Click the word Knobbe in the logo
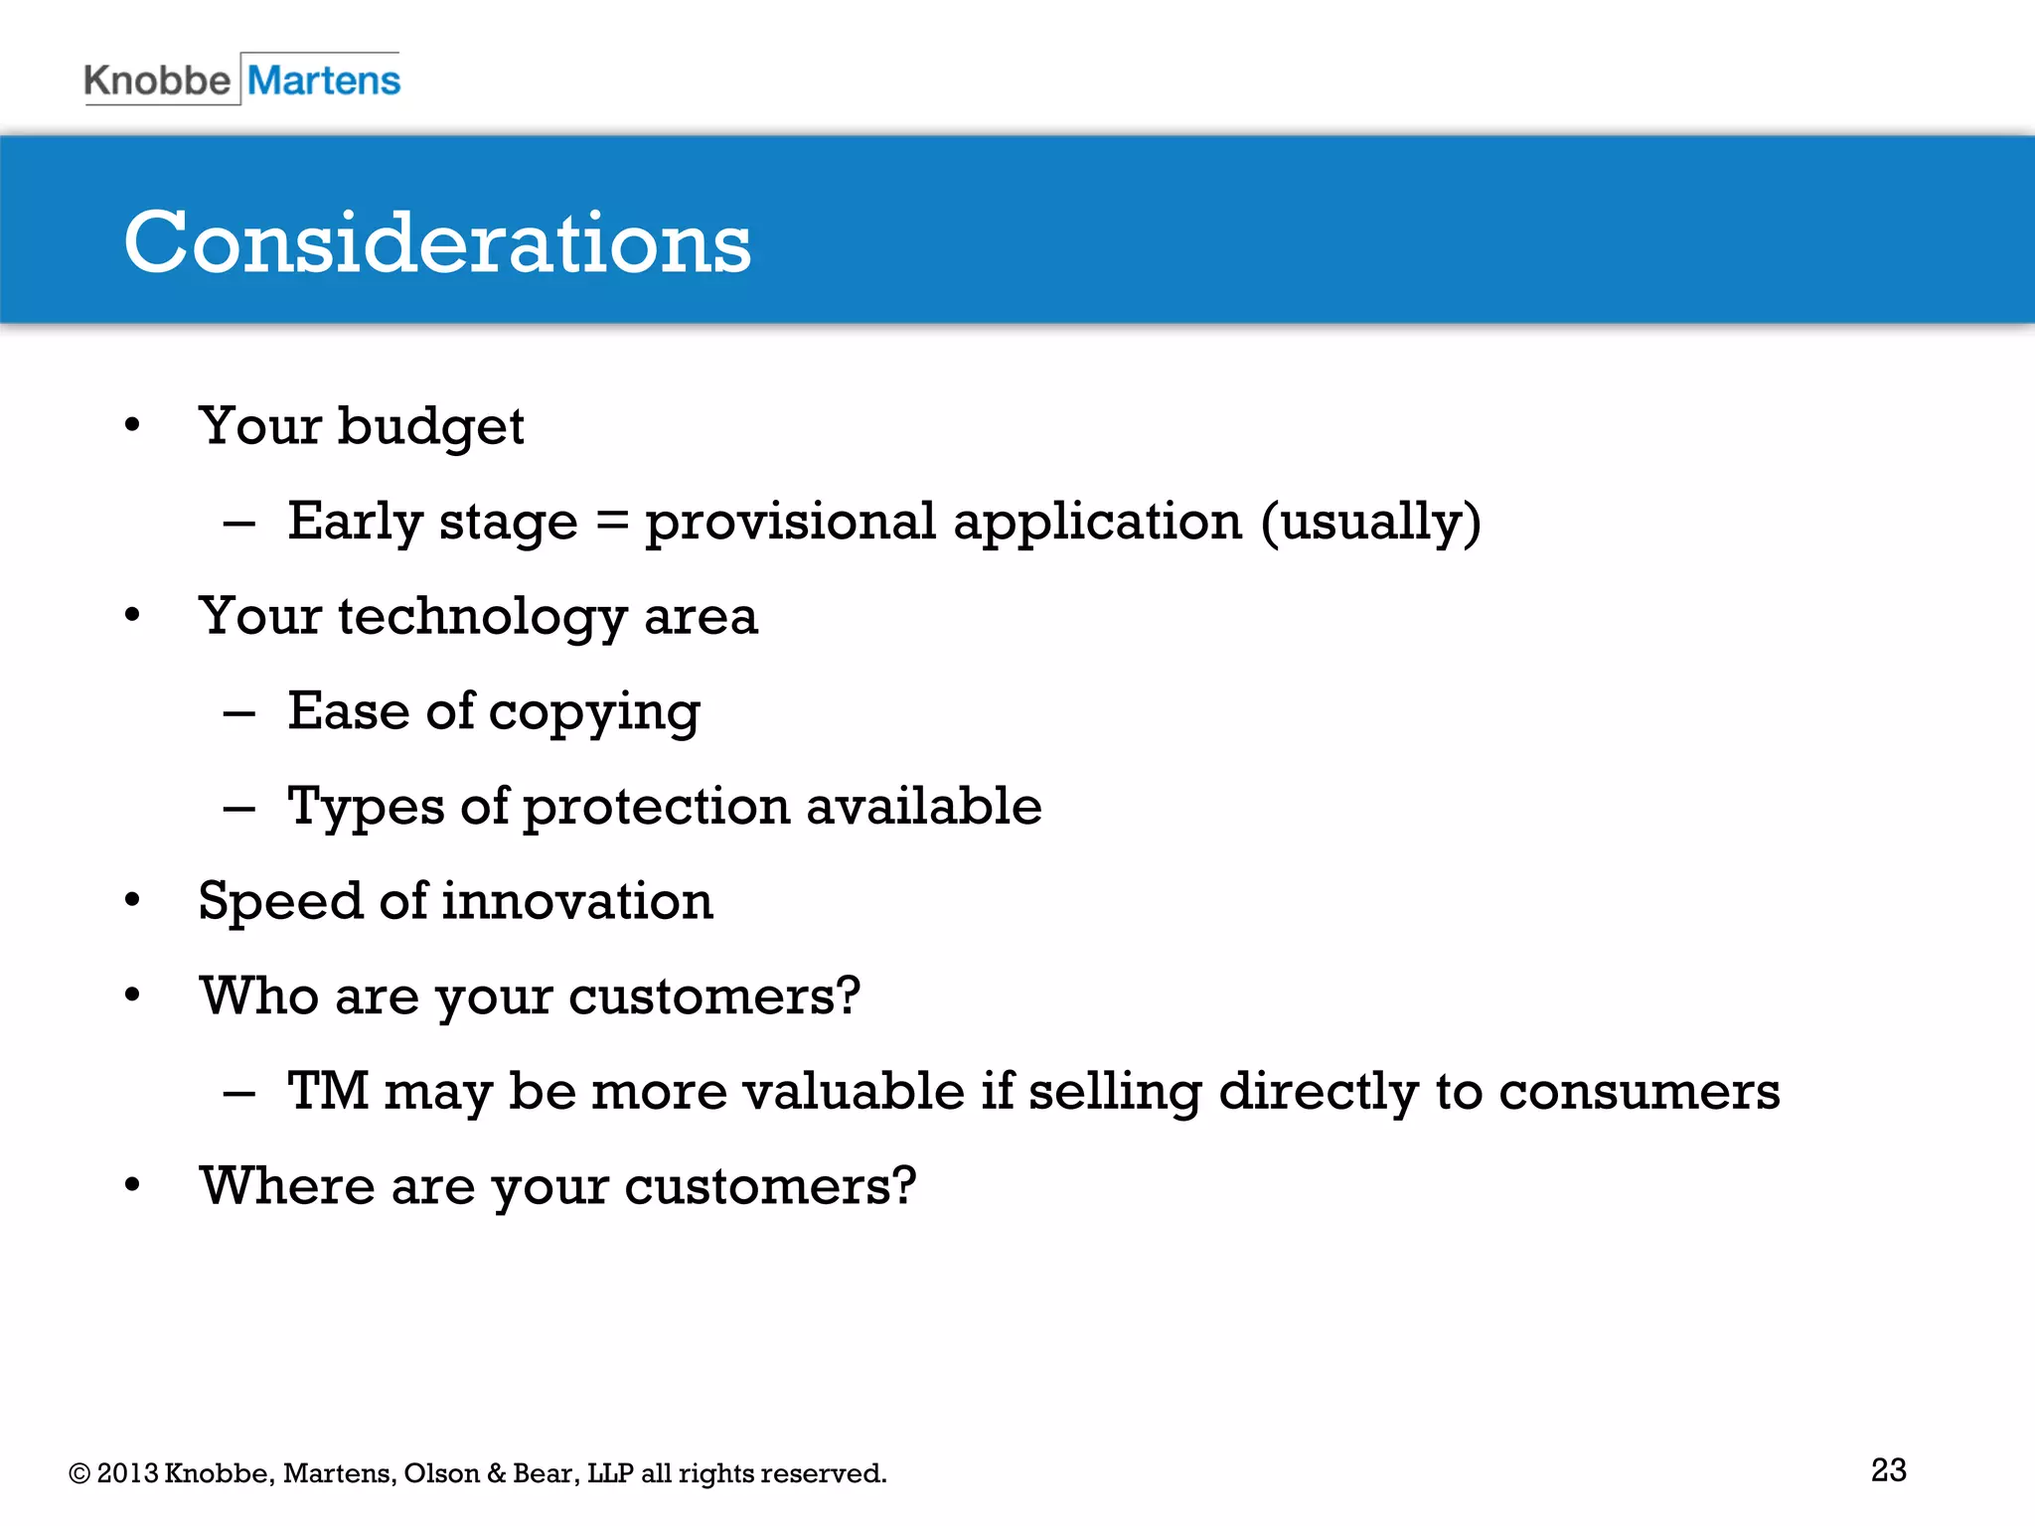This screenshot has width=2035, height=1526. point(157,80)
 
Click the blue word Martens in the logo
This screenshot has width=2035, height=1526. point(324,80)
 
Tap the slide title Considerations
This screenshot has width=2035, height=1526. point(437,242)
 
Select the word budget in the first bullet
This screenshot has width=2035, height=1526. point(430,427)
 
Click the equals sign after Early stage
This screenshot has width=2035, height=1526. point(611,521)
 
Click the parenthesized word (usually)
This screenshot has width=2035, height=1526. point(1371,523)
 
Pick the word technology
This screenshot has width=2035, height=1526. point(482,617)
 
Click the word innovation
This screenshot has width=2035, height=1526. point(577,901)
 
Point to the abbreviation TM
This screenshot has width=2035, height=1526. point(327,1091)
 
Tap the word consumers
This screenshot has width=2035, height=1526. point(1639,1091)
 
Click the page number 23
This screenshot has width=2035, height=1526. point(1888,1469)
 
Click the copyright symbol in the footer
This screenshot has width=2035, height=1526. point(79,1473)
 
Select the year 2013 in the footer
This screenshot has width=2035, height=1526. point(127,1473)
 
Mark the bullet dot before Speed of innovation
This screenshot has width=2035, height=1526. point(133,901)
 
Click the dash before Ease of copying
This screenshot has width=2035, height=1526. point(239,713)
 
